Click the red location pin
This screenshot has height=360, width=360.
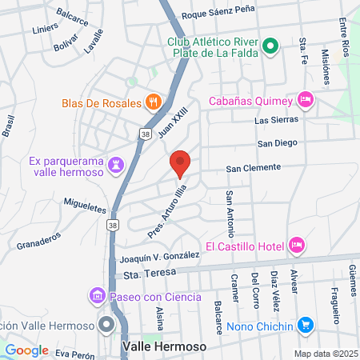[x=180, y=162]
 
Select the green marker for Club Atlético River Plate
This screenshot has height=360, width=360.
[x=270, y=46]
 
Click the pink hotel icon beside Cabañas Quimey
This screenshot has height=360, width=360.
[x=305, y=100]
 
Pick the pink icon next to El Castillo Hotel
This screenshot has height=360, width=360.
[x=297, y=244]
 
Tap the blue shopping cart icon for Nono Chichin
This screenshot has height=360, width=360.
[x=305, y=324]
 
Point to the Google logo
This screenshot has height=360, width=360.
[x=26, y=350]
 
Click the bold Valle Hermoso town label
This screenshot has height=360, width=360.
[x=164, y=347]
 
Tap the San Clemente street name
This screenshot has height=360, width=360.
[x=253, y=168]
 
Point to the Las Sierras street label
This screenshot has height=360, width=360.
[x=276, y=120]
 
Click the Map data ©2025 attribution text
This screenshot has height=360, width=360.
[x=325, y=353]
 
